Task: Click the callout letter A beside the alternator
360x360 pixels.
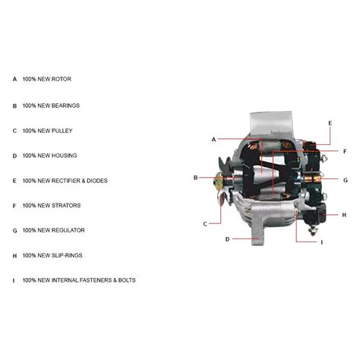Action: point(214,139)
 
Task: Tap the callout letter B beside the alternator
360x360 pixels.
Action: point(195,178)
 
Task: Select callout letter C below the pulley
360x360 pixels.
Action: point(205,223)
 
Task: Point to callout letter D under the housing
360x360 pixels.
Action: point(227,239)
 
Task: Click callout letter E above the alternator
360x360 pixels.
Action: point(330,122)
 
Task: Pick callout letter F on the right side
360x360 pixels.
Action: point(345,151)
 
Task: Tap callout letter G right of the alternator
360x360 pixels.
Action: point(345,181)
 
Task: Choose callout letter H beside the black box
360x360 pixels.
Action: point(344,215)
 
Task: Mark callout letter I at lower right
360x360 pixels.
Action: point(322,242)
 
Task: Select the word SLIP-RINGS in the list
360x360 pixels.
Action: point(68,255)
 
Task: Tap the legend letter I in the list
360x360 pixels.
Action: point(14,280)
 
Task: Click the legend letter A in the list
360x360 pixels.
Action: point(14,79)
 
